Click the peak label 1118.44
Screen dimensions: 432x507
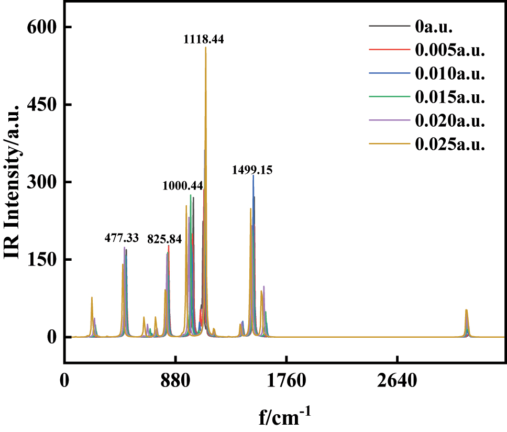click(x=203, y=39)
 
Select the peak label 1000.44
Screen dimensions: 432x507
click(x=183, y=186)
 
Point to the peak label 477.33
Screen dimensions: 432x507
click(x=122, y=238)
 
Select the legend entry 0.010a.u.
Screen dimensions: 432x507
click(x=450, y=73)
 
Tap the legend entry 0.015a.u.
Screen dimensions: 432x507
click(x=450, y=97)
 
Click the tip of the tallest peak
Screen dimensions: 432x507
click(x=206, y=47)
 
